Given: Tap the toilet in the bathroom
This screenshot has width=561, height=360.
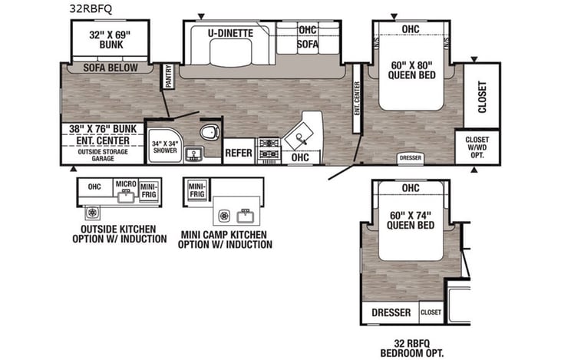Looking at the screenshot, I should (x=207, y=132).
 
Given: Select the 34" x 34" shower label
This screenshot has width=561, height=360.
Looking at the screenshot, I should (x=163, y=147).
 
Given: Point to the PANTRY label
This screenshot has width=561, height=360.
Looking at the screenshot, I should (x=169, y=78).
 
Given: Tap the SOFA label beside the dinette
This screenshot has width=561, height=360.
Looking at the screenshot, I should (x=308, y=45).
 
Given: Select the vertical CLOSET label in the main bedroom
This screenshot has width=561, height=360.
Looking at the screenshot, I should (x=482, y=97).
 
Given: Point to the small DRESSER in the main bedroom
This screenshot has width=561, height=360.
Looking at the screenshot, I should (x=410, y=159).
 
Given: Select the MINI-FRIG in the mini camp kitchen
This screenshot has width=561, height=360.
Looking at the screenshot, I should (x=196, y=189).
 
